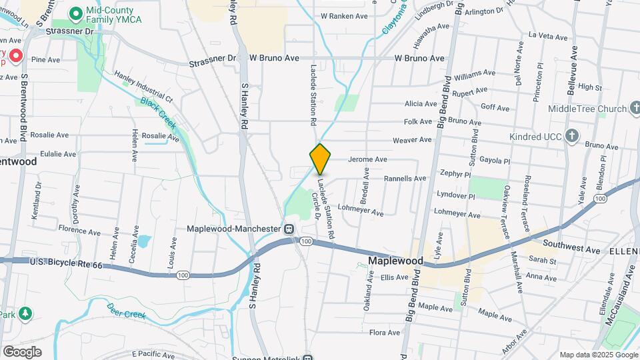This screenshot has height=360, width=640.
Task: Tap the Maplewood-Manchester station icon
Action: pos(289,229)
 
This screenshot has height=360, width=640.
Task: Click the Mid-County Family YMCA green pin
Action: pos(76,12)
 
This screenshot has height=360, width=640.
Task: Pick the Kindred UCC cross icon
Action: pos(571,137)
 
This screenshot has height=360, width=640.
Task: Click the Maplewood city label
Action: pos(395,260)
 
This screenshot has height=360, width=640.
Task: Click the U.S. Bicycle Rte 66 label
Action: pos(66,265)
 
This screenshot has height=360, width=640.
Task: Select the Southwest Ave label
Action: pos(571,247)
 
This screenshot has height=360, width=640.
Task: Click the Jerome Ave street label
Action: pos(367,160)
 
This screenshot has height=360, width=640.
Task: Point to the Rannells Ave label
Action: pos(405,179)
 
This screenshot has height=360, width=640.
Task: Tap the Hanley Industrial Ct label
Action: pos(143,87)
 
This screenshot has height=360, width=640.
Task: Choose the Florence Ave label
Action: pos(79,231)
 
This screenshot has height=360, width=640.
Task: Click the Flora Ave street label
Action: pos(385,332)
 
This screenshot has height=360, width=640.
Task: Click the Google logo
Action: pos(22,351)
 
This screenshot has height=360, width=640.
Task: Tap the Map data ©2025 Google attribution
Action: pos(598,355)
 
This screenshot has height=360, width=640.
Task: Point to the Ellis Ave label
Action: pos(394,278)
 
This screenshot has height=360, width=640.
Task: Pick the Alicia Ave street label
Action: pos(421,104)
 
